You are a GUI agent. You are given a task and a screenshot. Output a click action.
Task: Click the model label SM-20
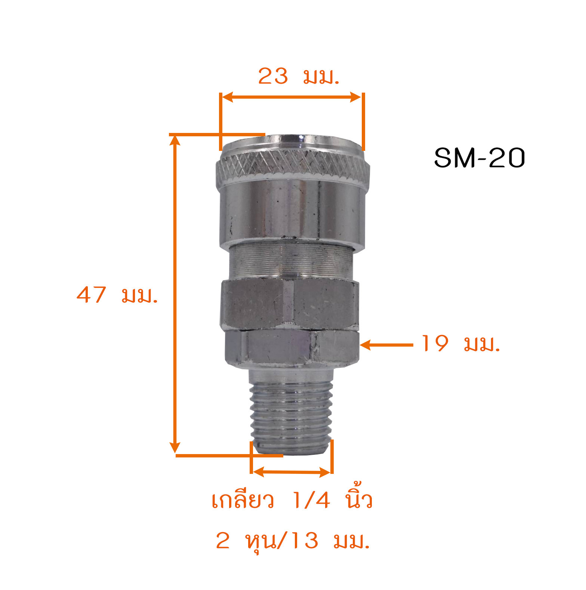pyautogui.click(x=479, y=158)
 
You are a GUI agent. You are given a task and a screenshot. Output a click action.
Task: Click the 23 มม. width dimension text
pyautogui.click(x=299, y=76)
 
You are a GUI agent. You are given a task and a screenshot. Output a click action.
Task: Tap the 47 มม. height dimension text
pyautogui.click(x=117, y=295)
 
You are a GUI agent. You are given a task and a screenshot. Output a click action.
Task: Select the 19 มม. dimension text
pyautogui.click(x=460, y=344)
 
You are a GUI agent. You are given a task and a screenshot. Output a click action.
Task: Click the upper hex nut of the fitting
pyautogui.click(x=290, y=304)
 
